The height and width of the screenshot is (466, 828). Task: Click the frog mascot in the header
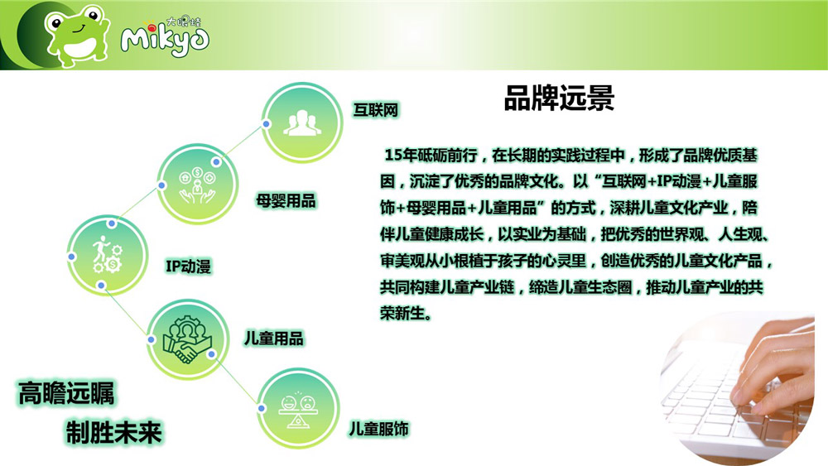77,35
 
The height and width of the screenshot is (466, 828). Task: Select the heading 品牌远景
559,98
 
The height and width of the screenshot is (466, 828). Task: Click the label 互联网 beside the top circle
375,110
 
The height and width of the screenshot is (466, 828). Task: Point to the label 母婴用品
286,200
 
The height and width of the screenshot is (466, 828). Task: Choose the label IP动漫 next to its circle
189,266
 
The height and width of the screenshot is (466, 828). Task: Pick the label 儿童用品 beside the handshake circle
273,339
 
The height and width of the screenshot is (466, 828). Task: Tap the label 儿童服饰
378,429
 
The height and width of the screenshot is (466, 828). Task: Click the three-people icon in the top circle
302,123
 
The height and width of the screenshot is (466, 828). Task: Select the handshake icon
187,339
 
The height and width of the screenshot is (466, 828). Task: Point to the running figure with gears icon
107,255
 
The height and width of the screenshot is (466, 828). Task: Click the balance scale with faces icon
298,410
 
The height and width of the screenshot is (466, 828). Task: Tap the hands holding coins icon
197,185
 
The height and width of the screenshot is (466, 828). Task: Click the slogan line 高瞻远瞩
66,394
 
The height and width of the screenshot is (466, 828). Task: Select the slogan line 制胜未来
113,432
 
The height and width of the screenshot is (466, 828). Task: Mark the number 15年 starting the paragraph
401,155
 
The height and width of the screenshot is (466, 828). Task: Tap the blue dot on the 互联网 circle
266,124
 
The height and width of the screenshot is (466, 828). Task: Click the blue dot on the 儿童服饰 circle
262,409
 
